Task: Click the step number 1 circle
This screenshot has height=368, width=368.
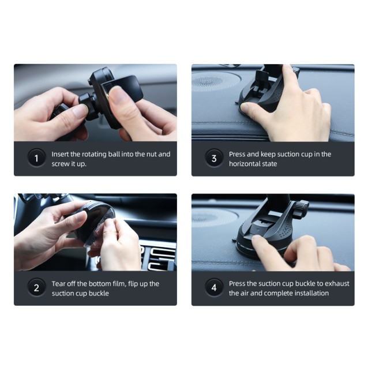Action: pos(36,158)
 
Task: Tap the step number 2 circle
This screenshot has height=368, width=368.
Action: pos(36,288)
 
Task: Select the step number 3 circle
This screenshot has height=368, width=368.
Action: pos(214,158)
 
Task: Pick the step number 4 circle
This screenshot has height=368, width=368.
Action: pos(214,288)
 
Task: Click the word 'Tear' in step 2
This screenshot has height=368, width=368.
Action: pos(58,284)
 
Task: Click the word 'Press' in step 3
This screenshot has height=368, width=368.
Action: pos(237,154)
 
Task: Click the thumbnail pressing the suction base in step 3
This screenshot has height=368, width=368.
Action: pos(245,108)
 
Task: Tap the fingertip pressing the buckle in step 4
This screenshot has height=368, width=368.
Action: pos(257,240)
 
